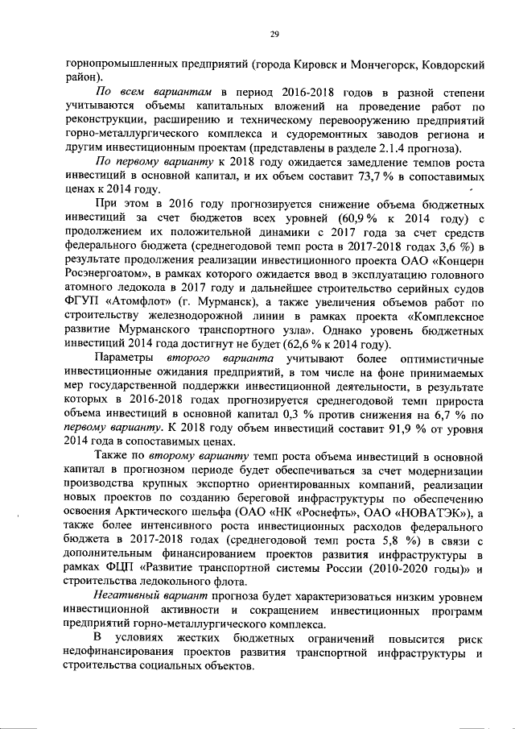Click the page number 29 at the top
274,33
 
